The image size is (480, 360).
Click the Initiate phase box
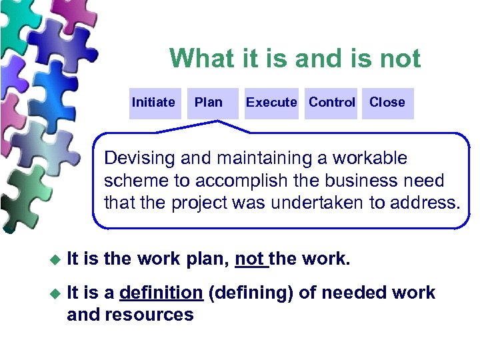click(x=154, y=103)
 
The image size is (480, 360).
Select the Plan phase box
click(x=209, y=103)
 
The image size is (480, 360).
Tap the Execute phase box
click(x=271, y=103)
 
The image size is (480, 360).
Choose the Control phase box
click(x=331, y=103)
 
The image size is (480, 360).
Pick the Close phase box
click(x=387, y=103)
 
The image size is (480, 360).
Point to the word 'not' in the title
click(x=401, y=59)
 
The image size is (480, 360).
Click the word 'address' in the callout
click(x=427, y=203)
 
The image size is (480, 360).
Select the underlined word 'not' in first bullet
click(x=250, y=259)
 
